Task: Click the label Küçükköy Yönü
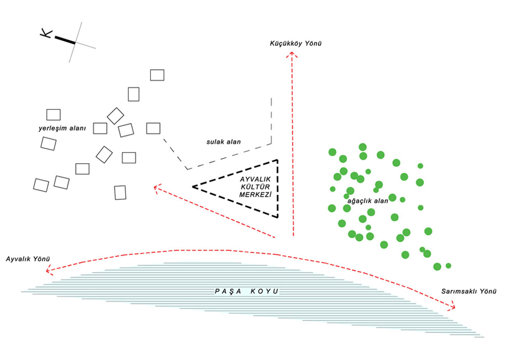click(296, 44)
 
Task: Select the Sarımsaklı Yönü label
click(469, 292)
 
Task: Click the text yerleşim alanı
click(62, 127)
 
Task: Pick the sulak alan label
click(220, 141)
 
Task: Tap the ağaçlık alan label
click(368, 200)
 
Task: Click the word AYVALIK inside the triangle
click(256, 179)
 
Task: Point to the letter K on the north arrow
click(46, 33)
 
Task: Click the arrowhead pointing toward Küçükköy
click(293, 54)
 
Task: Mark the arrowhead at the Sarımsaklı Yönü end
click(453, 307)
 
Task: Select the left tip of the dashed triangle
click(193, 186)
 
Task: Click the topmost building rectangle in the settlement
click(157, 74)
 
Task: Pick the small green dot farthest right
click(448, 266)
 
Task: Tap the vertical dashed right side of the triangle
click(278, 188)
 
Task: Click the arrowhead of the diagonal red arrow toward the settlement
click(157, 187)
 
